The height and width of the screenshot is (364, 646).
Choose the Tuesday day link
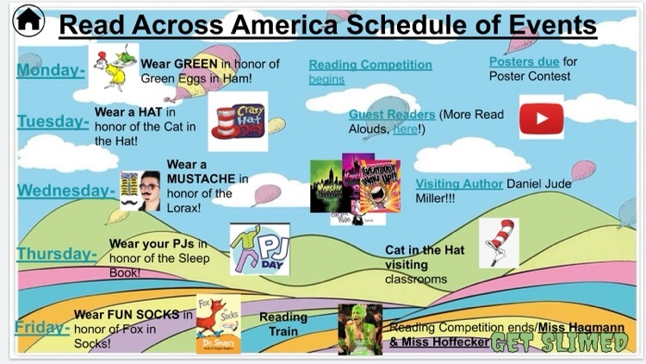[52, 122]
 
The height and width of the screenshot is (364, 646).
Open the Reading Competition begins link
[370, 65]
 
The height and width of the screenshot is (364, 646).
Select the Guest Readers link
[391, 114]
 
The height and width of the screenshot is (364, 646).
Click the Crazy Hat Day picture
[238, 122]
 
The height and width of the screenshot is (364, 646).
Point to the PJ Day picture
[259, 248]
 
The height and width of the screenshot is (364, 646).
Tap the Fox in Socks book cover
[218, 323]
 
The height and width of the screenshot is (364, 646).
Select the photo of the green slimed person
[359, 329]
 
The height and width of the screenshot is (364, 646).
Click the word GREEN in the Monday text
[197, 63]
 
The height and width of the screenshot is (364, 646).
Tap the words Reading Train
[283, 324]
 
